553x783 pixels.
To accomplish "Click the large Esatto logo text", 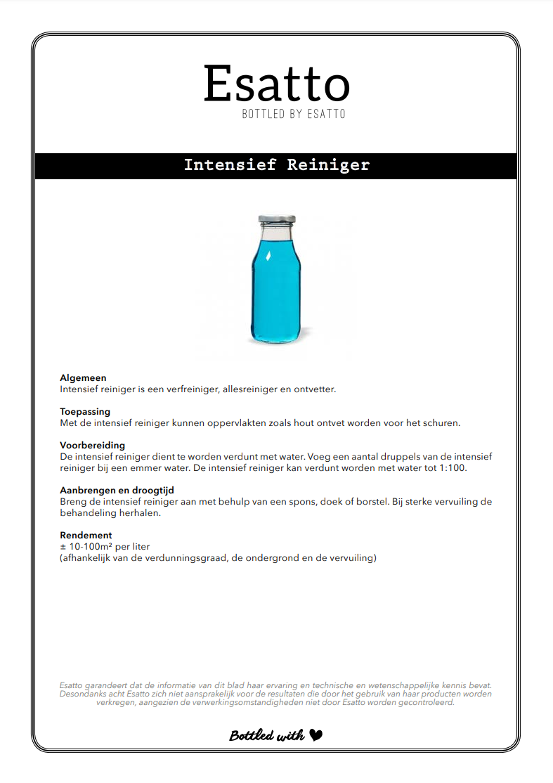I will coord(276,84).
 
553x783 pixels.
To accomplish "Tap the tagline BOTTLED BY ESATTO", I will coord(294,114).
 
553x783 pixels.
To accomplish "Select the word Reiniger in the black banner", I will coord(328,165).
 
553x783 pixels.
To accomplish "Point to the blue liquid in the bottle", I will coord(275,288).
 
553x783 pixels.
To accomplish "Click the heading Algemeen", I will coord(83,378).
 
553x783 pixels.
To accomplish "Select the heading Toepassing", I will coord(85,412).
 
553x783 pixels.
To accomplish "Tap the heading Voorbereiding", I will coord(93,446).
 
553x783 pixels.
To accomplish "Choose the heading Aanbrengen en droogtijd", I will coord(117,491).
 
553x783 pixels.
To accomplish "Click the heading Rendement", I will coord(86,536).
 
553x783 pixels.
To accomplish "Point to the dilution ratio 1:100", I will coord(470,468).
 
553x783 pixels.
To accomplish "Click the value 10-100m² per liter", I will coord(109,547).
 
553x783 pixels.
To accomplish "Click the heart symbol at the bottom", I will coord(316,735).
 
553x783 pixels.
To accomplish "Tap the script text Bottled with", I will coord(267,736).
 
